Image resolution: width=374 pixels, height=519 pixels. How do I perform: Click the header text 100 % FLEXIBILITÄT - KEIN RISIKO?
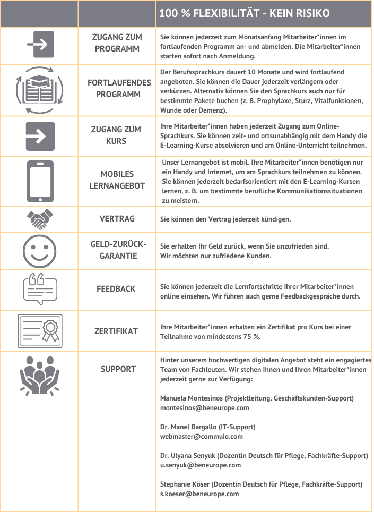pos(244,13)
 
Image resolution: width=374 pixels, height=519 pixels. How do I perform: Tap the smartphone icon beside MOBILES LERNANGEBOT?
pos(40,182)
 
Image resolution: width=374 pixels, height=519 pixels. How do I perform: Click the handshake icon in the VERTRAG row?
pos(40,218)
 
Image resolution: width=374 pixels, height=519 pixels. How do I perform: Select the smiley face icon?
pos(40,249)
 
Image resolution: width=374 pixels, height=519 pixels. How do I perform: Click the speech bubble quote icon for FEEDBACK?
pos(40,289)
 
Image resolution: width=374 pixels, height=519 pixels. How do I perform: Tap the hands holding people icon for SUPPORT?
pos(40,375)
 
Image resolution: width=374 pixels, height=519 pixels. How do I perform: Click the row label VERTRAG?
pos(117,218)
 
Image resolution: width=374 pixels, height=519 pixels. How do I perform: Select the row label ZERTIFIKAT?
pos(116,331)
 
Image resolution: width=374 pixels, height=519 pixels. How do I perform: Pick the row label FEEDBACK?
pos(116,289)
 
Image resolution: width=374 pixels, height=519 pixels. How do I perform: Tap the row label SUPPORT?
pos(118,369)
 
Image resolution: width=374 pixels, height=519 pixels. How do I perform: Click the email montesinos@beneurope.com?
pos(197,408)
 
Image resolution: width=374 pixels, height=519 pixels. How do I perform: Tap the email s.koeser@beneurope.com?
pos(199,494)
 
